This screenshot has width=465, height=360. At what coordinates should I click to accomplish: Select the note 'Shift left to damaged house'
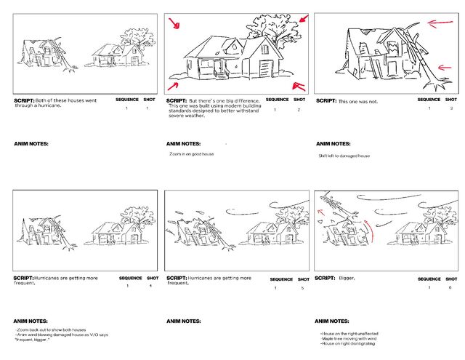tap(344, 156)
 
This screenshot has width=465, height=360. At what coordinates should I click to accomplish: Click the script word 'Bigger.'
tap(349, 279)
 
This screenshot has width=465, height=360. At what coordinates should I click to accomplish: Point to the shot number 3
tap(450, 108)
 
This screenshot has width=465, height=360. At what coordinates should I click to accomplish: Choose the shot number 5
tap(303, 288)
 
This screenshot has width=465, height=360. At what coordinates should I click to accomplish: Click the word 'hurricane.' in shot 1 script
tap(49, 106)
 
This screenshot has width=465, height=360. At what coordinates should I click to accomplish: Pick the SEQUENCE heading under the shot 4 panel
tap(131, 279)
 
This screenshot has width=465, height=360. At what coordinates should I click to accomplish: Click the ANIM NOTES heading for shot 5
tap(183, 321)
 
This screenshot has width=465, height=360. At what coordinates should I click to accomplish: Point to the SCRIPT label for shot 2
tap(176, 100)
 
